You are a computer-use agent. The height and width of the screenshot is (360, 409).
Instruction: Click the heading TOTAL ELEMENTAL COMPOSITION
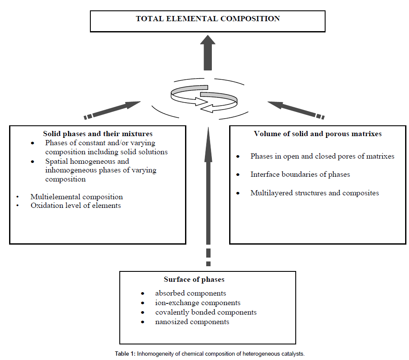[x=208, y=19]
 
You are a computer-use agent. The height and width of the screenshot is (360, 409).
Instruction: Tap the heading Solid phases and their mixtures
[x=98, y=134]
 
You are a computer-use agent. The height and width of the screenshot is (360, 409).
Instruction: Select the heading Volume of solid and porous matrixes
[x=318, y=134]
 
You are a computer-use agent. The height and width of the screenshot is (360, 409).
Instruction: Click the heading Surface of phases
[x=194, y=280]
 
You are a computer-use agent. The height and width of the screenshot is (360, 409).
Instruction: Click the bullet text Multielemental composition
[x=77, y=197]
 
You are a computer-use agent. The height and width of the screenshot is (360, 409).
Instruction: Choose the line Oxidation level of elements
[x=76, y=206]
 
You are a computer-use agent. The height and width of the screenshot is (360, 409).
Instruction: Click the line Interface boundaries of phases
[x=300, y=175]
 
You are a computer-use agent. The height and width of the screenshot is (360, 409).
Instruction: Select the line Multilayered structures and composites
[x=314, y=193]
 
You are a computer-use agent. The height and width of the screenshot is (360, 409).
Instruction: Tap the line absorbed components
[x=191, y=293]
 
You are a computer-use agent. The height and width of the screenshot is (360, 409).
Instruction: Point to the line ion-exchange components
[x=198, y=303]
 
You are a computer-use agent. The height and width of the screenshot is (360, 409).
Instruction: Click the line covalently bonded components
[x=206, y=312]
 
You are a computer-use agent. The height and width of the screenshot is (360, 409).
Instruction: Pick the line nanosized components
[x=192, y=322]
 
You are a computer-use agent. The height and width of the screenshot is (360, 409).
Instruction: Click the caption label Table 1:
[x=125, y=354]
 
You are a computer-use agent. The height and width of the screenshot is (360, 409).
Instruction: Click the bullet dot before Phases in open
[x=238, y=156]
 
